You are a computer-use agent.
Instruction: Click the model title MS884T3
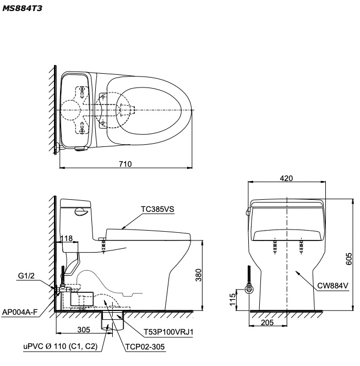tap(21, 9)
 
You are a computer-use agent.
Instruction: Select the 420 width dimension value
tap(285, 178)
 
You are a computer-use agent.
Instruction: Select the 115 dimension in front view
tap(233, 299)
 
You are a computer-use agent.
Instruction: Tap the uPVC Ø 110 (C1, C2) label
tap(59, 347)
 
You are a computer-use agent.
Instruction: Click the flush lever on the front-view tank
tap(248, 210)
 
